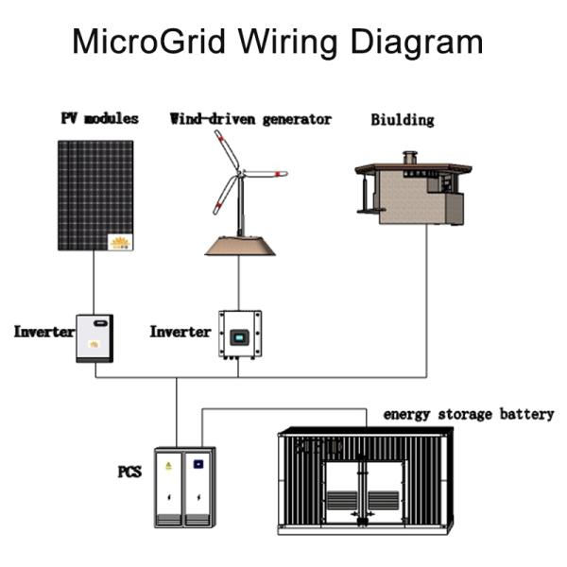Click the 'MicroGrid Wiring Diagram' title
click(x=278, y=43)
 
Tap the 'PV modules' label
click(x=99, y=119)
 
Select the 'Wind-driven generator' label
click(x=250, y=119)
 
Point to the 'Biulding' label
click(x=403, y=120)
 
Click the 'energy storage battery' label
click(x=468, y=414)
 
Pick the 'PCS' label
click(x=129, y=470)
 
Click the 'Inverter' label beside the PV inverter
click(x=43, y=333)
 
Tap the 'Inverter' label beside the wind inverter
click(x=180, y=333)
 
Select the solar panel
click(x=94, y=194)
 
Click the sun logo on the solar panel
click(x=120, y=242)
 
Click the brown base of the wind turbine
click(x=239, y=246)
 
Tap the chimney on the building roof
click(x=409, y=156)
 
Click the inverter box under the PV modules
click(x=94, y=337)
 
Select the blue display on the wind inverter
click(x=239, y=335)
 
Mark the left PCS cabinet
click(x=170, y=487)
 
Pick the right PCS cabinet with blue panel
click(x=199, y=487)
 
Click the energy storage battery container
click(x=365, y=482)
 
